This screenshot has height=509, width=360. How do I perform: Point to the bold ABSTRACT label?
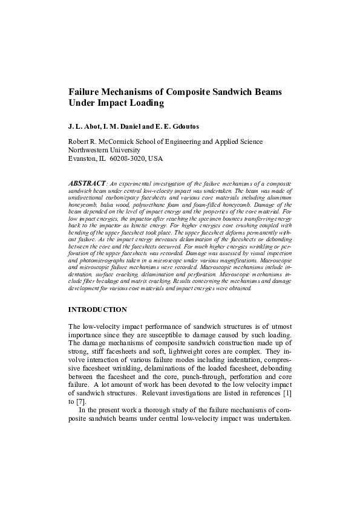point(87,182)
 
